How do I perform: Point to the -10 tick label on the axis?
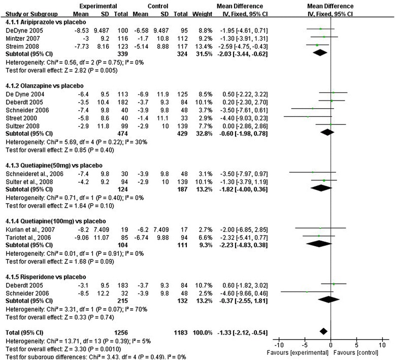pyautogui.click(x=278, y=345)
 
